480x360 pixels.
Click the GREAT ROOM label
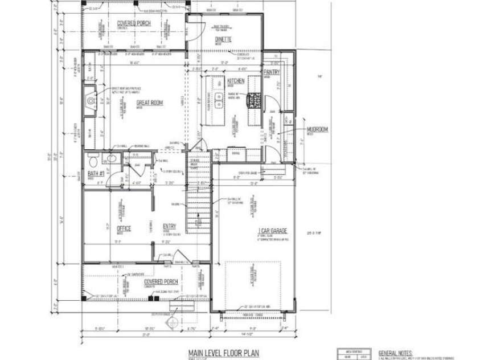(150, 103)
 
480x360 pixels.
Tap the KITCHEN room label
(236, 81)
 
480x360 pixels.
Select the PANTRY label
(272, 72)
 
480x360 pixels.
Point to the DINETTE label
(222, 40)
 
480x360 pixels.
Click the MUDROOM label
(318, 129)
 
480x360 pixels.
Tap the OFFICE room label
(124, 228)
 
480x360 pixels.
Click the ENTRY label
(169, 226)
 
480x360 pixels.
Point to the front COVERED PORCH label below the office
(161, 282)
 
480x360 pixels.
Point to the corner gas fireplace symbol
(89, 101)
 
